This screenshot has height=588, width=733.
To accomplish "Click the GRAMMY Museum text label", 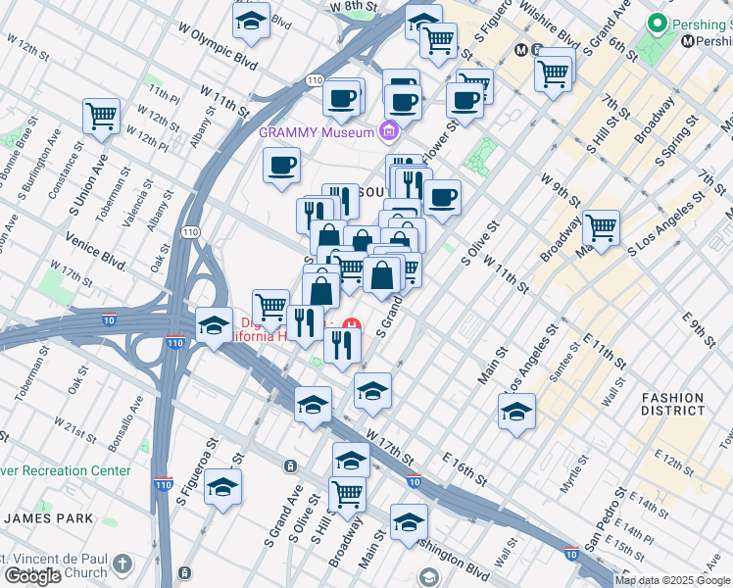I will tap(318, 132).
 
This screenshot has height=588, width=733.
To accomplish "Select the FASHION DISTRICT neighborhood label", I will tap(672, 404).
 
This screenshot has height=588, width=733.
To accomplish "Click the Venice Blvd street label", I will tap(95, 251).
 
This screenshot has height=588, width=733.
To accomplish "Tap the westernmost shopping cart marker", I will tap(101, 117).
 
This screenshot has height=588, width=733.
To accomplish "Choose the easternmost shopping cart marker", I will tap(601, 228).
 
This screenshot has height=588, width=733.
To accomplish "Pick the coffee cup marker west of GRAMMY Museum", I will tap(281, 165).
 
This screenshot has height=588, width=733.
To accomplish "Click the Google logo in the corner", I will tap(32, 576).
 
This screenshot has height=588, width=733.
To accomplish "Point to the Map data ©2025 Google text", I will tap(672, 580).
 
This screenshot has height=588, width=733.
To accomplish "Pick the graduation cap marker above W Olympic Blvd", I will tap(251, 21).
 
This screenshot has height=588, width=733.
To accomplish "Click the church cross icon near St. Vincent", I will tap(121, 563).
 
